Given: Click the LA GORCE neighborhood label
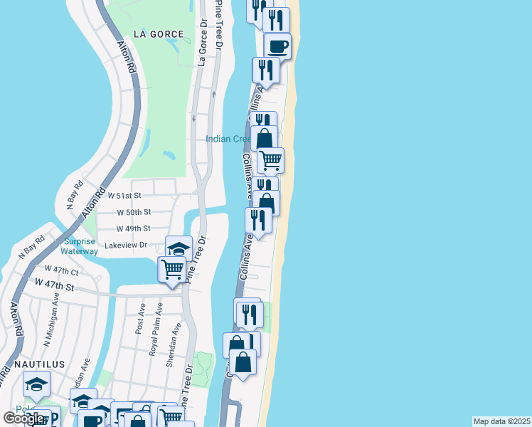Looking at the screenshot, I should tap(158, 34).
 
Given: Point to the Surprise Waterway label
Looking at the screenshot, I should tap(79, 246).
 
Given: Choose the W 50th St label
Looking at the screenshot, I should tap(134, 212).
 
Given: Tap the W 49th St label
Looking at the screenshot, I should tap(133, 228).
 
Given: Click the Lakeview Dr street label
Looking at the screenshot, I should tap(125, 246).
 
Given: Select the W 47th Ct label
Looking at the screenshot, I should tap(62, 270).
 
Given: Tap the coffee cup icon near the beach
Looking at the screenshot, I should tap(277, 47).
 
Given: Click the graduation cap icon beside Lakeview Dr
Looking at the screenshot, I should tap(179, 248).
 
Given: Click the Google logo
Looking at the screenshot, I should tap(24, 418).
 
